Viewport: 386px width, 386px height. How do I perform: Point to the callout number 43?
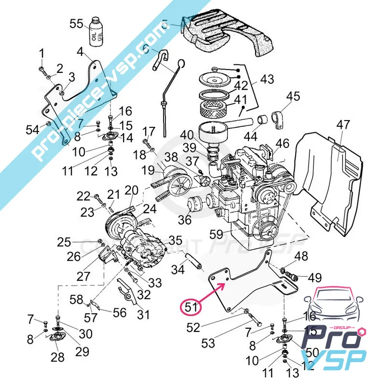tap(267, 79)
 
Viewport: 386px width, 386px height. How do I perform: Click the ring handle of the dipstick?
tap(182, 63)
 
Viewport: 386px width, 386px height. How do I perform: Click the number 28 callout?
tap(57, 358)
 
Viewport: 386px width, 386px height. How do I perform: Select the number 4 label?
tap(80, 52)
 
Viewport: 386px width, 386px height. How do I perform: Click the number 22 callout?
tap(83, 195)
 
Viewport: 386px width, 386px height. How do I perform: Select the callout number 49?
tap(315, 277)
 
